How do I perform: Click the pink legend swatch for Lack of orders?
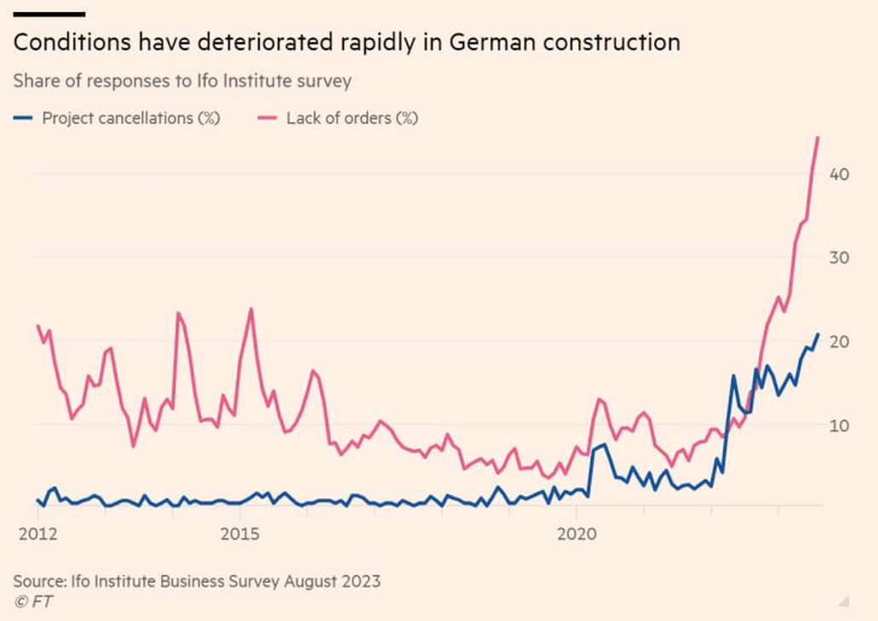267,119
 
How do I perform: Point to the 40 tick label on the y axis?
838,174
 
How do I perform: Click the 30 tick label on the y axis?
838,257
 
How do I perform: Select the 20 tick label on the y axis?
838,341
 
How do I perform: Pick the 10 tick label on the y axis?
838,424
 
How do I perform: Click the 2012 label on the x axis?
37,535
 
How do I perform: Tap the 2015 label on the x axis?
240,535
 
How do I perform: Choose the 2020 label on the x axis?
576,535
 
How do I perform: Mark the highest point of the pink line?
818,137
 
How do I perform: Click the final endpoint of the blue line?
818,334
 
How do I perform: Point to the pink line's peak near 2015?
251,309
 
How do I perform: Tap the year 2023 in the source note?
361,582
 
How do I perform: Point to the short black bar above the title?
49,14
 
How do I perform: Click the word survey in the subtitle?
328,82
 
